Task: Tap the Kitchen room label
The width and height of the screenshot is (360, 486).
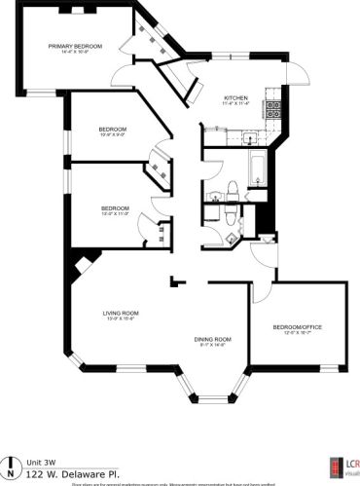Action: (x=236, y=98)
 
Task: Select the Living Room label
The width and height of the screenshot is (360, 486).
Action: (x=122, y=313)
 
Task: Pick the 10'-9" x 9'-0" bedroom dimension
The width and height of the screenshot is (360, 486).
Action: (x=112, y=134)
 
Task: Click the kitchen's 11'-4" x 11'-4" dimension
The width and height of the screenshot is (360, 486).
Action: (x=236, y=104)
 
